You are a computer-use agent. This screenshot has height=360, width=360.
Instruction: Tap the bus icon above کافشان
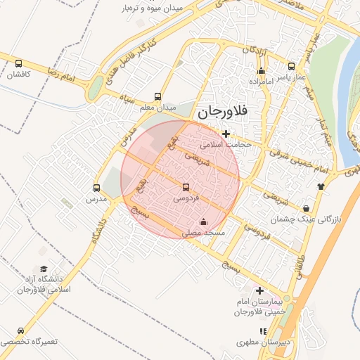[18, 64]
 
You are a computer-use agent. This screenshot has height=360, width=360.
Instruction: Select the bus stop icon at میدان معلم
[157, 98]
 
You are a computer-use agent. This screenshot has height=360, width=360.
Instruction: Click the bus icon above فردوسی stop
[186, 188]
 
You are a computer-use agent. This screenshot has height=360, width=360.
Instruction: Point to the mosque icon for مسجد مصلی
[204, 222]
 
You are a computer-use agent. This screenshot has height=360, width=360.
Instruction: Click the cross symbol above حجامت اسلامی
[225, 134]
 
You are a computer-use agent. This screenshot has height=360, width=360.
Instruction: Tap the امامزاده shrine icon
[262, 70]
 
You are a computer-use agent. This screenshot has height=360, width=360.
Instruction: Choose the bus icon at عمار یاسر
[292, 64]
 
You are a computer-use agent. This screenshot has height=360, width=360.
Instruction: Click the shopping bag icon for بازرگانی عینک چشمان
[307, 208]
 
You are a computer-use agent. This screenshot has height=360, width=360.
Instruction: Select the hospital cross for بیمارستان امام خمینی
[260, 290]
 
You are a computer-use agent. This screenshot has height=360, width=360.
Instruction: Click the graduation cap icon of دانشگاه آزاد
[44, 269]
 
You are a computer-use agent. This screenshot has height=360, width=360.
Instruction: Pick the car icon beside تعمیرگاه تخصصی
[20, 330]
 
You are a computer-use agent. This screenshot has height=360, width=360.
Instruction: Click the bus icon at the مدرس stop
[97, 188]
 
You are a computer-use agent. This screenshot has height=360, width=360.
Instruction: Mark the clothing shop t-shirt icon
[321, 186]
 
